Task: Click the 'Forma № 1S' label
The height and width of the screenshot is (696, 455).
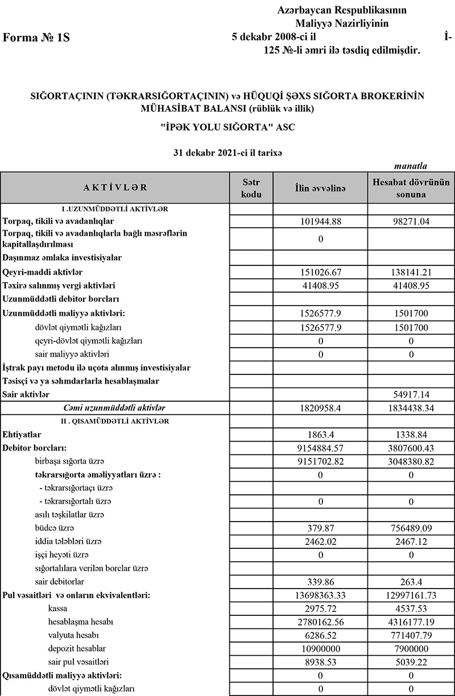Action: click(36, 38)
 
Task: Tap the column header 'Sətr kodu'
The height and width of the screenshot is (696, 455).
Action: click(251, 187)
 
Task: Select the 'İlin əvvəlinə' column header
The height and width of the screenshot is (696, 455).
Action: click(320, 188)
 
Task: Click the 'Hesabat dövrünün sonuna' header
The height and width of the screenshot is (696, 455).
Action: click(411, 188)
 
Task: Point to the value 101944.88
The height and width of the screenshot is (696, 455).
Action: click(320, 221)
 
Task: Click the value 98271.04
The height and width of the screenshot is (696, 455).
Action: click(411, 221)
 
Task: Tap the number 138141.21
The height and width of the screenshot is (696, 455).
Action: click(411, 273)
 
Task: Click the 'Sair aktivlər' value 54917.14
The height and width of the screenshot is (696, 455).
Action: click(411, 394)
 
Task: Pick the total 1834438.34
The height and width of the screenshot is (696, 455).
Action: click(411, 408)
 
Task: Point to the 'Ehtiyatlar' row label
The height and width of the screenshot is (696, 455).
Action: click(21, 434)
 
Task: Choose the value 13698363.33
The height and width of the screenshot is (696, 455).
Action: click(320, 595)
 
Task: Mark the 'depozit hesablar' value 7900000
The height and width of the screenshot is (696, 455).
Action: click(411, 648)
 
